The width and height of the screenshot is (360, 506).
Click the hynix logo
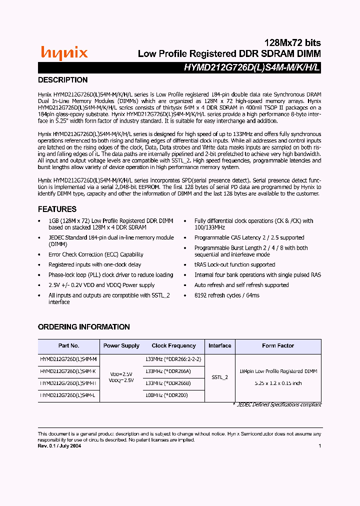[x=64, y=52]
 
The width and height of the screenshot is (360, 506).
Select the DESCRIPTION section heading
[x=63, y=80]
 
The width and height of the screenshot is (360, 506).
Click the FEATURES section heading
[x=57, y=209]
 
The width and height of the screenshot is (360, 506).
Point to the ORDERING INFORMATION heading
[x=84, y=327]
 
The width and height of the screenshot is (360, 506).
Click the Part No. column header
[x=68, y=346]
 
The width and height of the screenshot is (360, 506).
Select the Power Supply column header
[x=121, y=346]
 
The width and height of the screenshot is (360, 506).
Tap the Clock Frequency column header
[x=173, y=346]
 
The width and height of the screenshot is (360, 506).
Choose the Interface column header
[x=220, y=346]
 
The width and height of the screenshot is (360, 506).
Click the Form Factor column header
[x=278, y=346]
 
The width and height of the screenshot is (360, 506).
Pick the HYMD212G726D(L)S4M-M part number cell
[x=68, y=359]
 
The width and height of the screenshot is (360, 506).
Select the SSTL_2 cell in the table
[x=220, y=377]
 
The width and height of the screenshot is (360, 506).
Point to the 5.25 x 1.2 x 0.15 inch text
[x=278, y=383]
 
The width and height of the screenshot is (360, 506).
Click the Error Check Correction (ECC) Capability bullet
[x=96, y=254]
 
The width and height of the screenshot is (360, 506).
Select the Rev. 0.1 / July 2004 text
[x=59, y=446]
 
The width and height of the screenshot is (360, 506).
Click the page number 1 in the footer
[x=319, y=446]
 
